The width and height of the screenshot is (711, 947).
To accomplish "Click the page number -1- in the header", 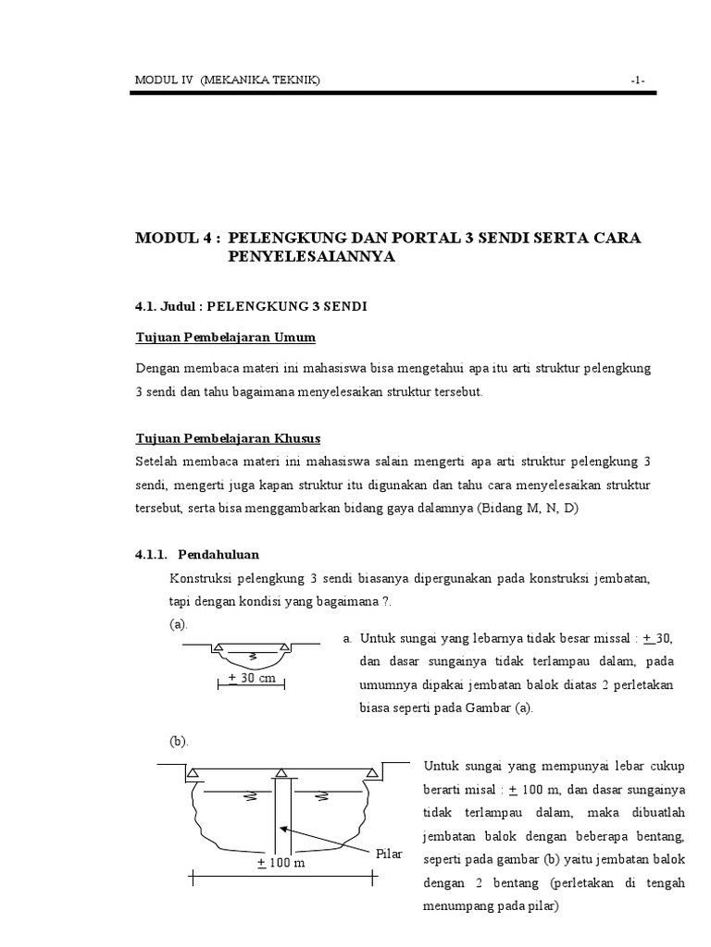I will [638, 81].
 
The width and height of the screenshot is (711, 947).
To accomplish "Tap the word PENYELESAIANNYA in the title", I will [311, 257].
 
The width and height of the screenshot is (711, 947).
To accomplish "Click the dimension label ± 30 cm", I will [253, 678].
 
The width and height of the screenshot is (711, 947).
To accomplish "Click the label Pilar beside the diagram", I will [390, 853].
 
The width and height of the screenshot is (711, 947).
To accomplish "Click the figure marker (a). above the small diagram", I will [178, 625].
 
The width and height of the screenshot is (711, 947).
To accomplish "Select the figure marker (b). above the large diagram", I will [178, 741].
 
